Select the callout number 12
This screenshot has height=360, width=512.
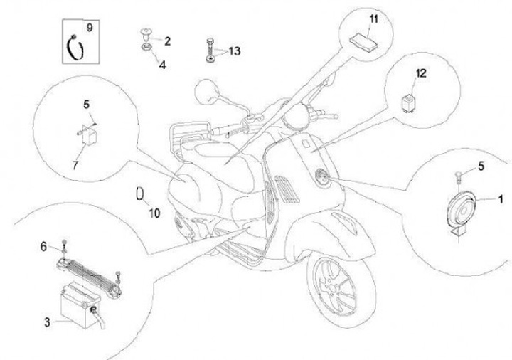[421, 73]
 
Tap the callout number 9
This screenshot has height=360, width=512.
[89, 28]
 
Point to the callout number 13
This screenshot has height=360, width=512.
[234, 51]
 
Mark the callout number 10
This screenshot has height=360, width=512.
[155, 211]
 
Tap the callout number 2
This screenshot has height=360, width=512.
[166, 41]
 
